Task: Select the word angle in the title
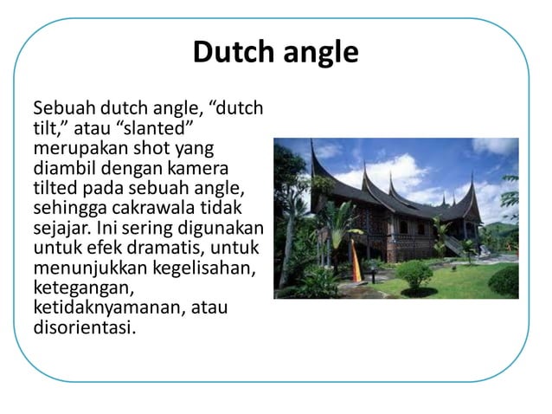318,54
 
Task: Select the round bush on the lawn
415,275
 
